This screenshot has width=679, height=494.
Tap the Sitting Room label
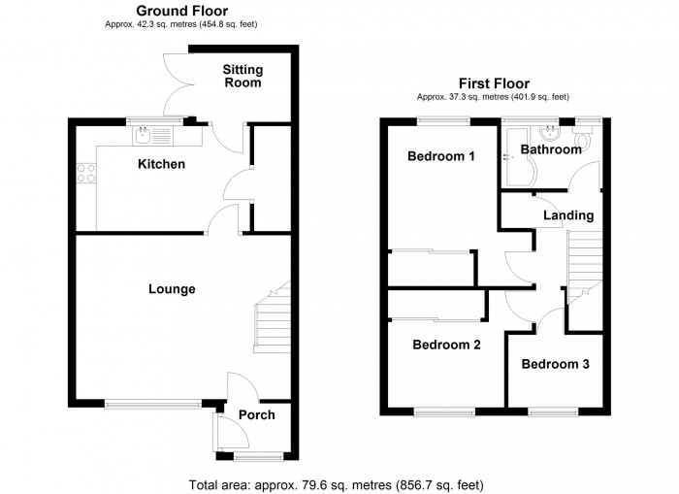242,77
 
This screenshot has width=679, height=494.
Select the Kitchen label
160,164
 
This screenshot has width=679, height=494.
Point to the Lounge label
172,288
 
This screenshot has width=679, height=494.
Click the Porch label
256,414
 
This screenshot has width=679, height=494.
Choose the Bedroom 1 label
440,156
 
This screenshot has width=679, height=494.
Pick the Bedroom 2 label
445,344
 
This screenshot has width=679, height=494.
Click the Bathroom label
550,149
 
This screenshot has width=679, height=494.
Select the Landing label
568,214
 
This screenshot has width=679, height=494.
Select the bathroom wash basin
552,131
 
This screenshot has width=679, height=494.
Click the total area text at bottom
334,484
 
